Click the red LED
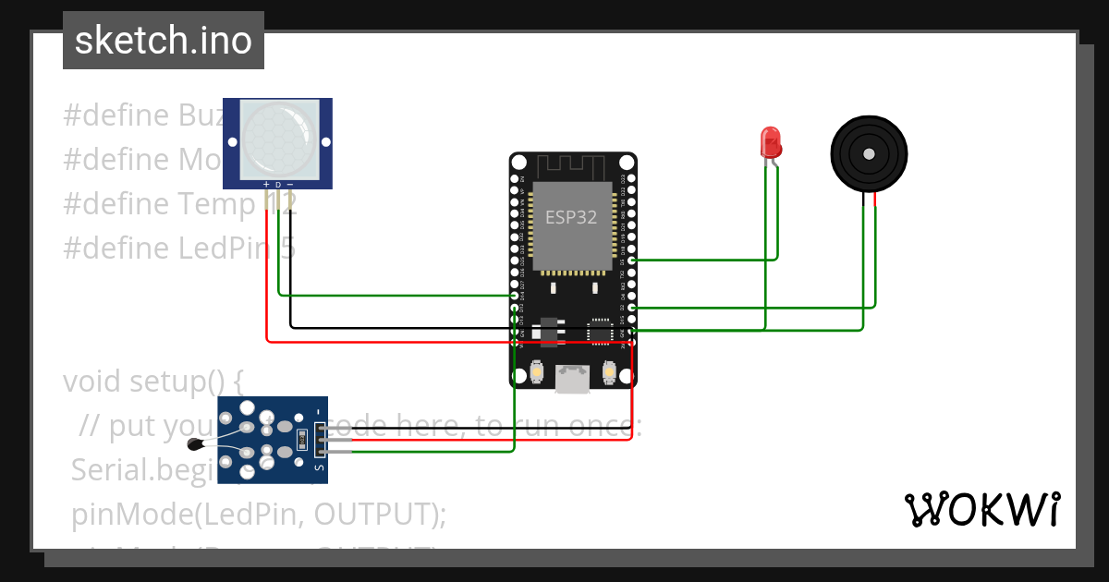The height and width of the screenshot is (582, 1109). pyautogui.click(x=771, y=142)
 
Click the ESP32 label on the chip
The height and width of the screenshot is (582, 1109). pyautogui.click(x=571, y=218)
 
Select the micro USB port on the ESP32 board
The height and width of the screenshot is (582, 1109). pyautogui.click(x=573, y=378)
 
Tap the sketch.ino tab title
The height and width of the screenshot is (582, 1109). pyautogui.click(x=164, y=41)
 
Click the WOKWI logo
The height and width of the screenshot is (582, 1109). pyautogui.click(x=981, y=509)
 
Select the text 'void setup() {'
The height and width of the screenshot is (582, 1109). pyautogui.click(x=152, y=381)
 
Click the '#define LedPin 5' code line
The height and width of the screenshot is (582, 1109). pyautogui.click(x=179, y=248)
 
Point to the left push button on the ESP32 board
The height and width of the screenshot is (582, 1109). pyautogui.click(x=538, y=372)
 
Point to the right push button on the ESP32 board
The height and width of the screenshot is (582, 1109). pyautogui.click(x=608, y=372)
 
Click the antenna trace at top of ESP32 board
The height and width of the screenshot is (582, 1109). pyautogui.click(x=571, y=167)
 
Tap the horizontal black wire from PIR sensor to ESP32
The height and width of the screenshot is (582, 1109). pyautogui.click(x=397, y=327)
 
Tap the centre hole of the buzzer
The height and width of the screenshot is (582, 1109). pyautogui.click(x=869, y=153)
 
